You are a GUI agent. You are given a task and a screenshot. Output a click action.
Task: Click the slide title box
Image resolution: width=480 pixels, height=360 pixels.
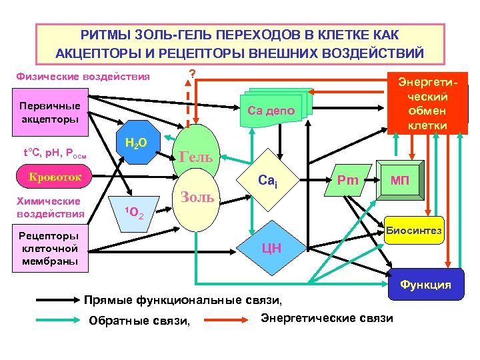tap(239, 43)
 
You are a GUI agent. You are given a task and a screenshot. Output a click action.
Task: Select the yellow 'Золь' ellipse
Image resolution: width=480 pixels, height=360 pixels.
tap(197, 197)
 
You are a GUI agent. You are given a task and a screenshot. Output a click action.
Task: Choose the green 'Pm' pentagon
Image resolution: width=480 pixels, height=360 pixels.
tap(348, 180)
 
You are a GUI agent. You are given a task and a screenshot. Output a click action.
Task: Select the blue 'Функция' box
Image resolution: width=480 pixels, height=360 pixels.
tap(425, 285)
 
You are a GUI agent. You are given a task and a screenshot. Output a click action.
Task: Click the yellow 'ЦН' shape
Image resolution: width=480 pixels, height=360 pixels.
tap(271, 248)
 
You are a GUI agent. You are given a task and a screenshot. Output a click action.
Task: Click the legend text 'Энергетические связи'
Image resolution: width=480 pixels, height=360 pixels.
tap(327, 317)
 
